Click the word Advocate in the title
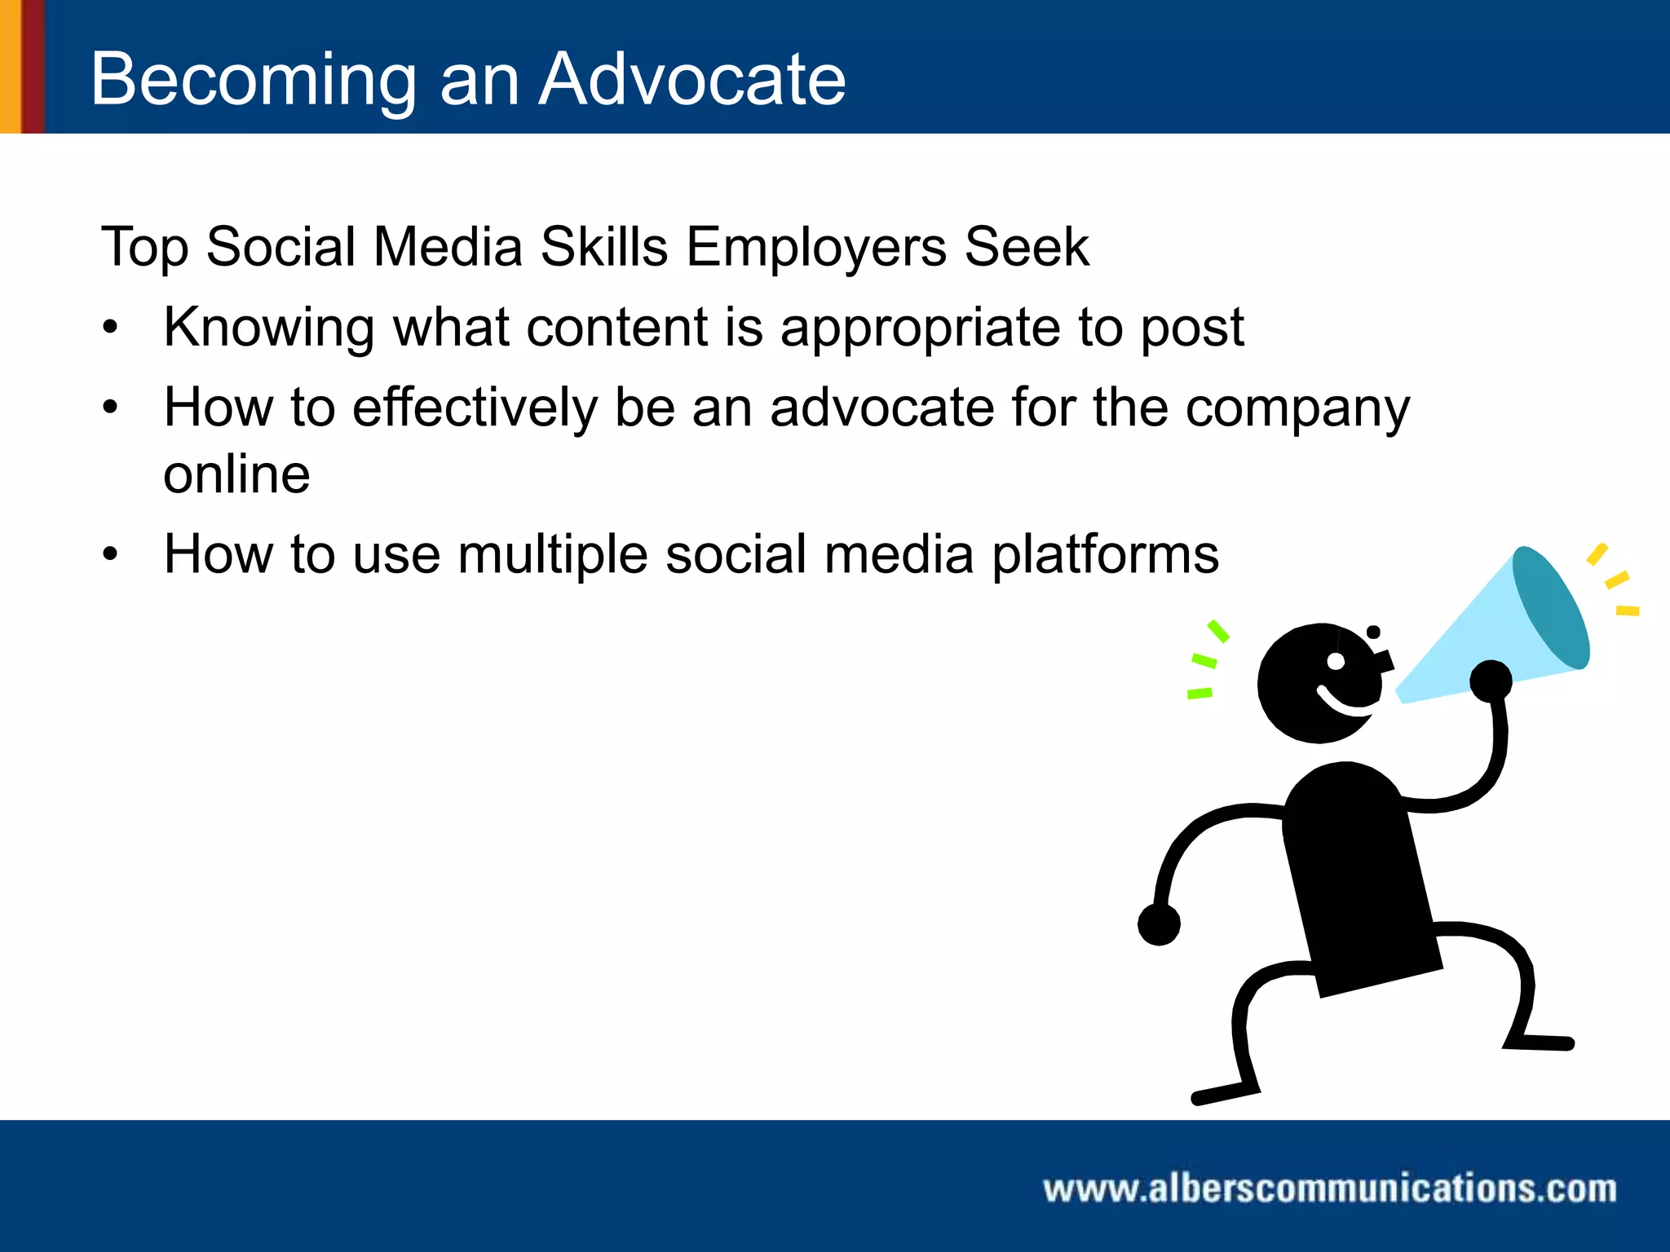click(692, 79)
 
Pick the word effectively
click(475, 408)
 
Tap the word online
click(236, 474)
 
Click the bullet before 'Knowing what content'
click(111, 328)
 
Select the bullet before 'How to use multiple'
click(111, 555)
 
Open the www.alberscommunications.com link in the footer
click(1329, 1188)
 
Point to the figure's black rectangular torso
click(1358, 880)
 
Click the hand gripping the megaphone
click(1491, 681)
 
